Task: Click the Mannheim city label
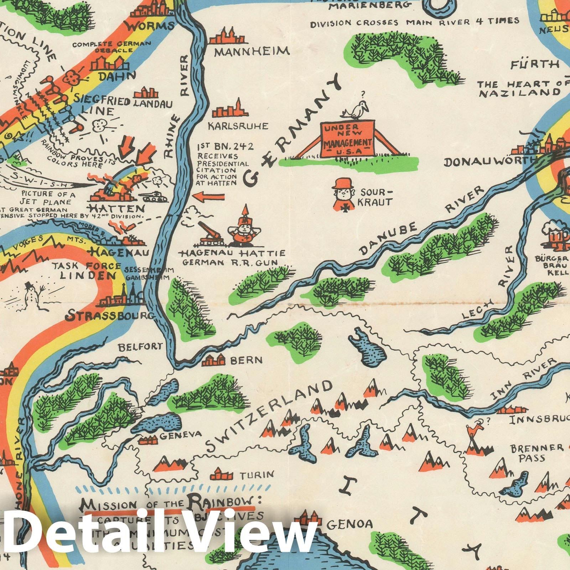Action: (x=252, y=52)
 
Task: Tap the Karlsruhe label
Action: (x=238, y=126)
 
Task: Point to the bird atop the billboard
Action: (x=354, y=111)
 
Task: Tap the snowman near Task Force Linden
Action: (x=31, y=293)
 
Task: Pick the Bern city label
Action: (x=246, y=360)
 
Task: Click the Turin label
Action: (x=256, y=475)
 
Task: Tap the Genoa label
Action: (x=349, y=523)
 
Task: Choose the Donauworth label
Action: (x=490, y=162)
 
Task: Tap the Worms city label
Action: (x=150, y=26)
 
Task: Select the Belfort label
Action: (x=140, y=346)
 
